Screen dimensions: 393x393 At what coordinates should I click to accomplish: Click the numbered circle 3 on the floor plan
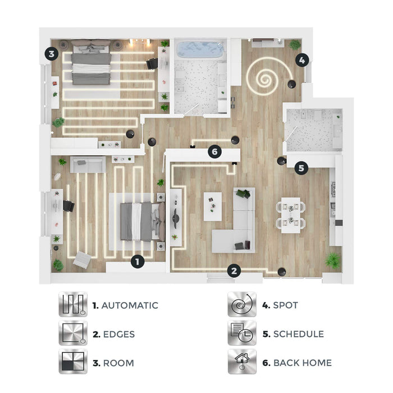click(x=52, y=54)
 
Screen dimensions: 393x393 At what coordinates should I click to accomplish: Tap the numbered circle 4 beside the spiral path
click(x=302, y=60)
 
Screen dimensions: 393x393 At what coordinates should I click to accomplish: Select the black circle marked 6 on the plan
click(x=215, y=152)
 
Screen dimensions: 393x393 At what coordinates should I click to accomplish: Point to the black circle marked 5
click(x=301, y=168)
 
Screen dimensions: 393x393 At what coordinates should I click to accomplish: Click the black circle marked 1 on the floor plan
click(x=138, y=262)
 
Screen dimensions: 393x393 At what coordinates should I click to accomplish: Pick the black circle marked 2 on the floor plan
click(x=234, y=271)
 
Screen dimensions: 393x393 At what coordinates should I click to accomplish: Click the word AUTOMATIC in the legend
click(x=130, y=305)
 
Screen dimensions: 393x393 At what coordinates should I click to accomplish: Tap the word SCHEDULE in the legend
click(x=299, y=334)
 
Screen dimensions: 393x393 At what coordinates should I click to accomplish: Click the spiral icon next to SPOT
click(x=242, y=304)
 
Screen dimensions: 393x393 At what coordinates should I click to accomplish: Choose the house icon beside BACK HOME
click(x=242, y=362)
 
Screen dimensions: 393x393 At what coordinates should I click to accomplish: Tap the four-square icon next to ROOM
click(x=73, y=362)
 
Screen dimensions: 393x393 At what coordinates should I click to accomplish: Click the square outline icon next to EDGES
click(x=73, y=332)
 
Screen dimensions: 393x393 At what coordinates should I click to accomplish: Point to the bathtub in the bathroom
click(x=200, y=49)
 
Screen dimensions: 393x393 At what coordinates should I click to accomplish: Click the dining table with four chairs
click(x=291, y=215)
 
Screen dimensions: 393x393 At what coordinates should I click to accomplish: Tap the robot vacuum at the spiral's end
click(x=291, y=84)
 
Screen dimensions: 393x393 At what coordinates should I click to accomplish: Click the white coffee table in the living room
click(x=213, y=207)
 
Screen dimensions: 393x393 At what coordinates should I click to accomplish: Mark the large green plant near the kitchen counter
click(x=332, y=261)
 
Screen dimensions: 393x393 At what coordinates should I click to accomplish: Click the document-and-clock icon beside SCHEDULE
click(x=242, y=332)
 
